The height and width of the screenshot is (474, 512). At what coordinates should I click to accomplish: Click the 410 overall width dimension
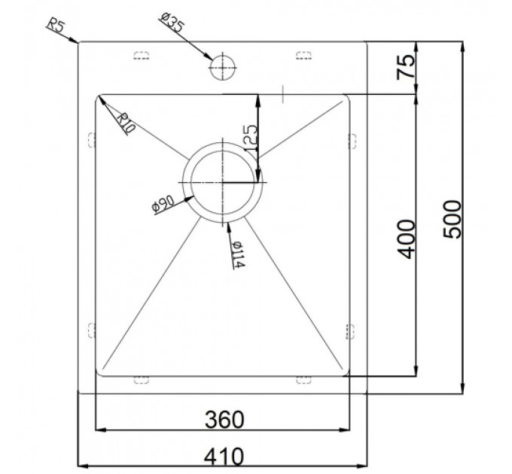[224, 456]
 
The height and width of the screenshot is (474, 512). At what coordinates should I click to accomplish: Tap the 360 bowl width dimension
[224, 420]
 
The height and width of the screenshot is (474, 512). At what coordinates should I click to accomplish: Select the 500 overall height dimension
[453, 219]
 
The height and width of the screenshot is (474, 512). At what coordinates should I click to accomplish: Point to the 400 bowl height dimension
[407, 239]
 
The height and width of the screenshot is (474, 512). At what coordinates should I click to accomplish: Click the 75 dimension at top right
[406, 68]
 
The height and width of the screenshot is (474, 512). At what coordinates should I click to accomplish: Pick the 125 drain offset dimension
[251, 138]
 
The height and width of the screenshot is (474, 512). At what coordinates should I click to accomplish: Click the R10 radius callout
[126, 123]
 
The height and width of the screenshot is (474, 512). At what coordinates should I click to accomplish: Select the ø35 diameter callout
[172, 21]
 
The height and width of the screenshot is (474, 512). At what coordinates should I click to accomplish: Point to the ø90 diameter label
[163, 205]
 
